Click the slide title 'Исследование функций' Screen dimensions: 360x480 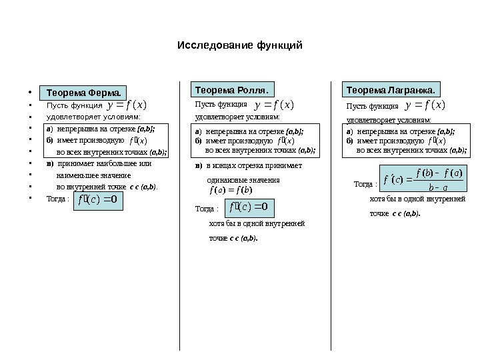(240, 46)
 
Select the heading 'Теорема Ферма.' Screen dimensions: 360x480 (83, 92)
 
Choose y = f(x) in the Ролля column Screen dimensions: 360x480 (274, 105)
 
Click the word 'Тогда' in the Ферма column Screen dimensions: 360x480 (55, 199)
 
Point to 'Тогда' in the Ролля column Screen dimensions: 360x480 (205, 209)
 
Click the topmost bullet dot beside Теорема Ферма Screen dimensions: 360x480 (31, 93)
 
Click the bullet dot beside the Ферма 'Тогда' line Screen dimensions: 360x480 (31, 199)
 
